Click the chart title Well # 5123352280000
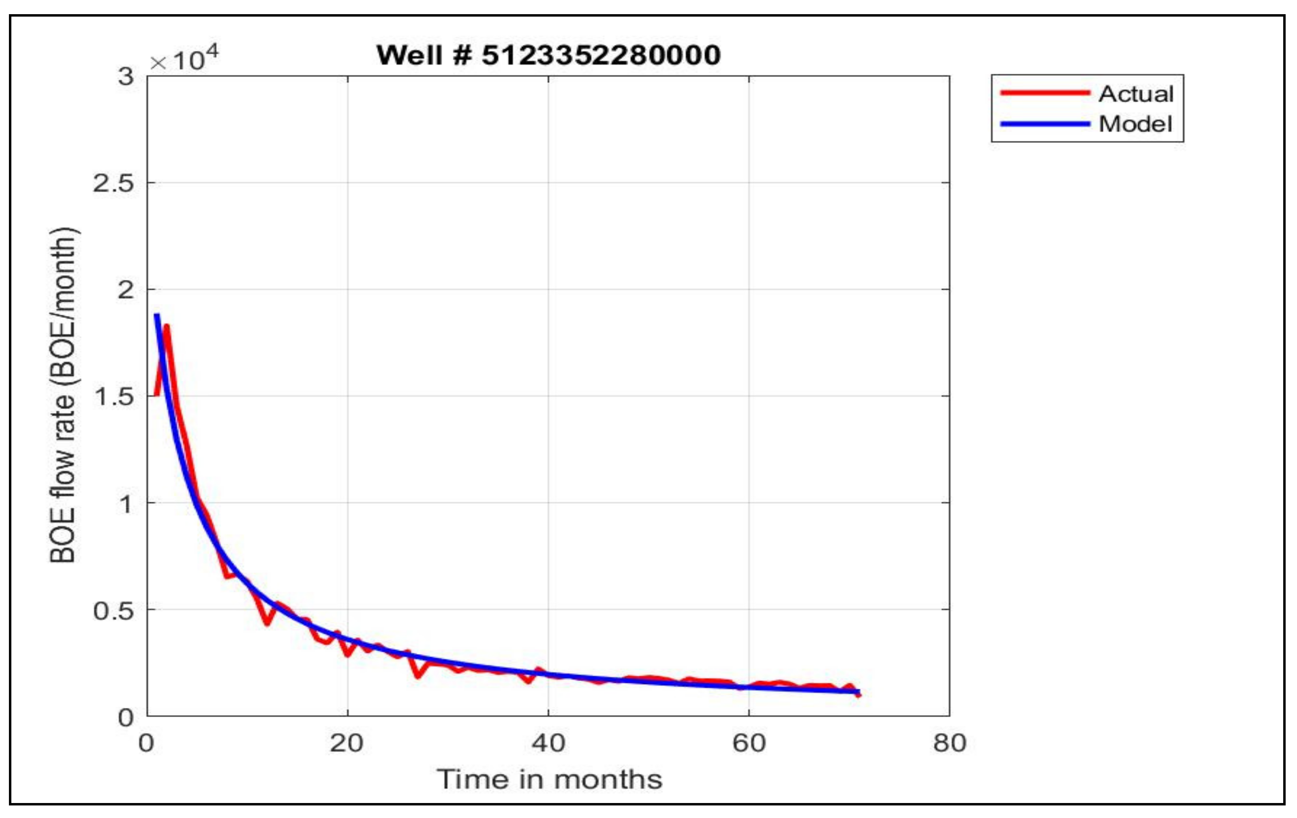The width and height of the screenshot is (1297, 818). pyautogui.click(x=548, y=55)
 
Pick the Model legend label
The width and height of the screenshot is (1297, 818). pyautogui.click(x=1135, y=124)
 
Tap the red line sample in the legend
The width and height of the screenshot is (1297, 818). pyautogui.click(x=1045, y=93)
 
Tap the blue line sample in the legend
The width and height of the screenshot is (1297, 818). pyautogui.click(x=1045, y=124)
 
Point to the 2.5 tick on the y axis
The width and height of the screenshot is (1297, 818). pyautogui.click(x=113, y=183)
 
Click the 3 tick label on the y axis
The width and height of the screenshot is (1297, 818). pyautogui.click(x=126, y=77)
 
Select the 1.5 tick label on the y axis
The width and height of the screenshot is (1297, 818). pyautogui.click(x=113, y=396)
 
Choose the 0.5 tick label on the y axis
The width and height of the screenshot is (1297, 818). pyautogui.click(x=113, y=610)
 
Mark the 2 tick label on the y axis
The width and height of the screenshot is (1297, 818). pyautogui.click(x=126, y=290)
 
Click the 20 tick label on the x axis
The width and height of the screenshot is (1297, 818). pyautogui.click(x=347, y=743)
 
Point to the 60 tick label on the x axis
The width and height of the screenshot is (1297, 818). pyautogui.click(x=749, y=743)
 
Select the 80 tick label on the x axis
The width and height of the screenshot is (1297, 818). pyautogui.click(x=950, y=743)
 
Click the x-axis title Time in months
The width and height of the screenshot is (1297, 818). pyautogui.click(x=549, y=779)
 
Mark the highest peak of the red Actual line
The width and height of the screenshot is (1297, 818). pyautogui.click(x=167, y=326)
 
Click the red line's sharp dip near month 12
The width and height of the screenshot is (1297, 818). pyautogui.click(x=267, y=623)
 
